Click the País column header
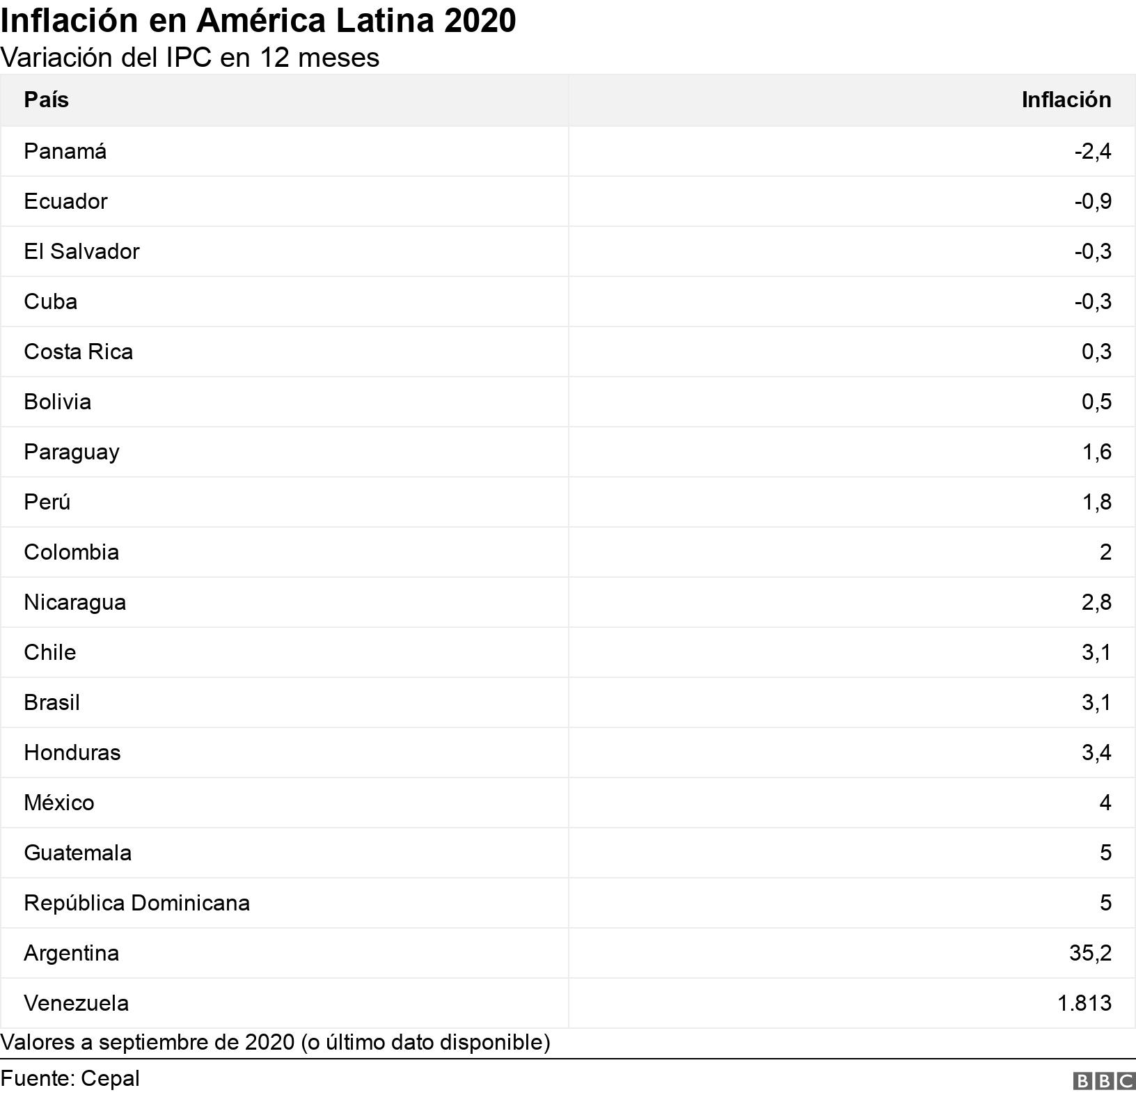click(x=46, y=100)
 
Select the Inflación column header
click(x=1066, y=100)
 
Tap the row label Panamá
click(x=65, y=151)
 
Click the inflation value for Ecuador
click(x=1092, y=201)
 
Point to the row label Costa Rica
click(x=78, y=352)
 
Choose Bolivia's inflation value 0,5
click(x=1096, y=402)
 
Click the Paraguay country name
click(x=71, y=452)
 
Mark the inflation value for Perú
click(x=1096, y=502)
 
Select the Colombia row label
click(x=71, y=552)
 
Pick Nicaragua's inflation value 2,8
click(x=1096, y=602)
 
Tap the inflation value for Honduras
click(x=1096, y=752)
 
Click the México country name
click(x=58, y=803)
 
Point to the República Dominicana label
click(x=136, y=903)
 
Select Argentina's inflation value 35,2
click(x=1090, y=953)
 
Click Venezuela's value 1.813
click(x=1084, y=1003)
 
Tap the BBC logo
click(x=1104, y=1080)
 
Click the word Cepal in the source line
click(x=110, y=1078)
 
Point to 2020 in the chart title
click(x=480, y=21)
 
